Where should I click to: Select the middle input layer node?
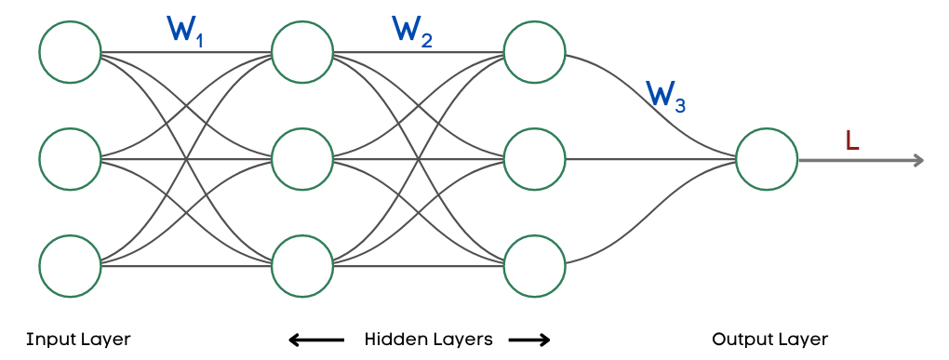click(x=70, y=159)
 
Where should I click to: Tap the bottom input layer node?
click(x=70, y=266)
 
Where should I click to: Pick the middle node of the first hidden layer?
click(x=302, y=159)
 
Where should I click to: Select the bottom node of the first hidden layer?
click(x=302, y=266)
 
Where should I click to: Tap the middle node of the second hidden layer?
click(x=534, y=159)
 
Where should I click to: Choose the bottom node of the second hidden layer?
click(x=534, y=266)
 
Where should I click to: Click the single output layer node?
click(x=766, y=159)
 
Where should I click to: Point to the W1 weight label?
click(x=183, y=31)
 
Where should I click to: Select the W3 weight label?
click(x=665, y=95)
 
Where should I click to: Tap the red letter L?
click(x=852, y=140)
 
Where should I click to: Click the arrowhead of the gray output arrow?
click(x=917, y=160)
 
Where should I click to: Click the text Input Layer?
click(x=78, y=339)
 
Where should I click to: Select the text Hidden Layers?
click(x=428, y=339)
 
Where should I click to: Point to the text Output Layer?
click(x=769, y=339)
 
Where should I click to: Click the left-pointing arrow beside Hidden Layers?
click(x=309, y=340)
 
